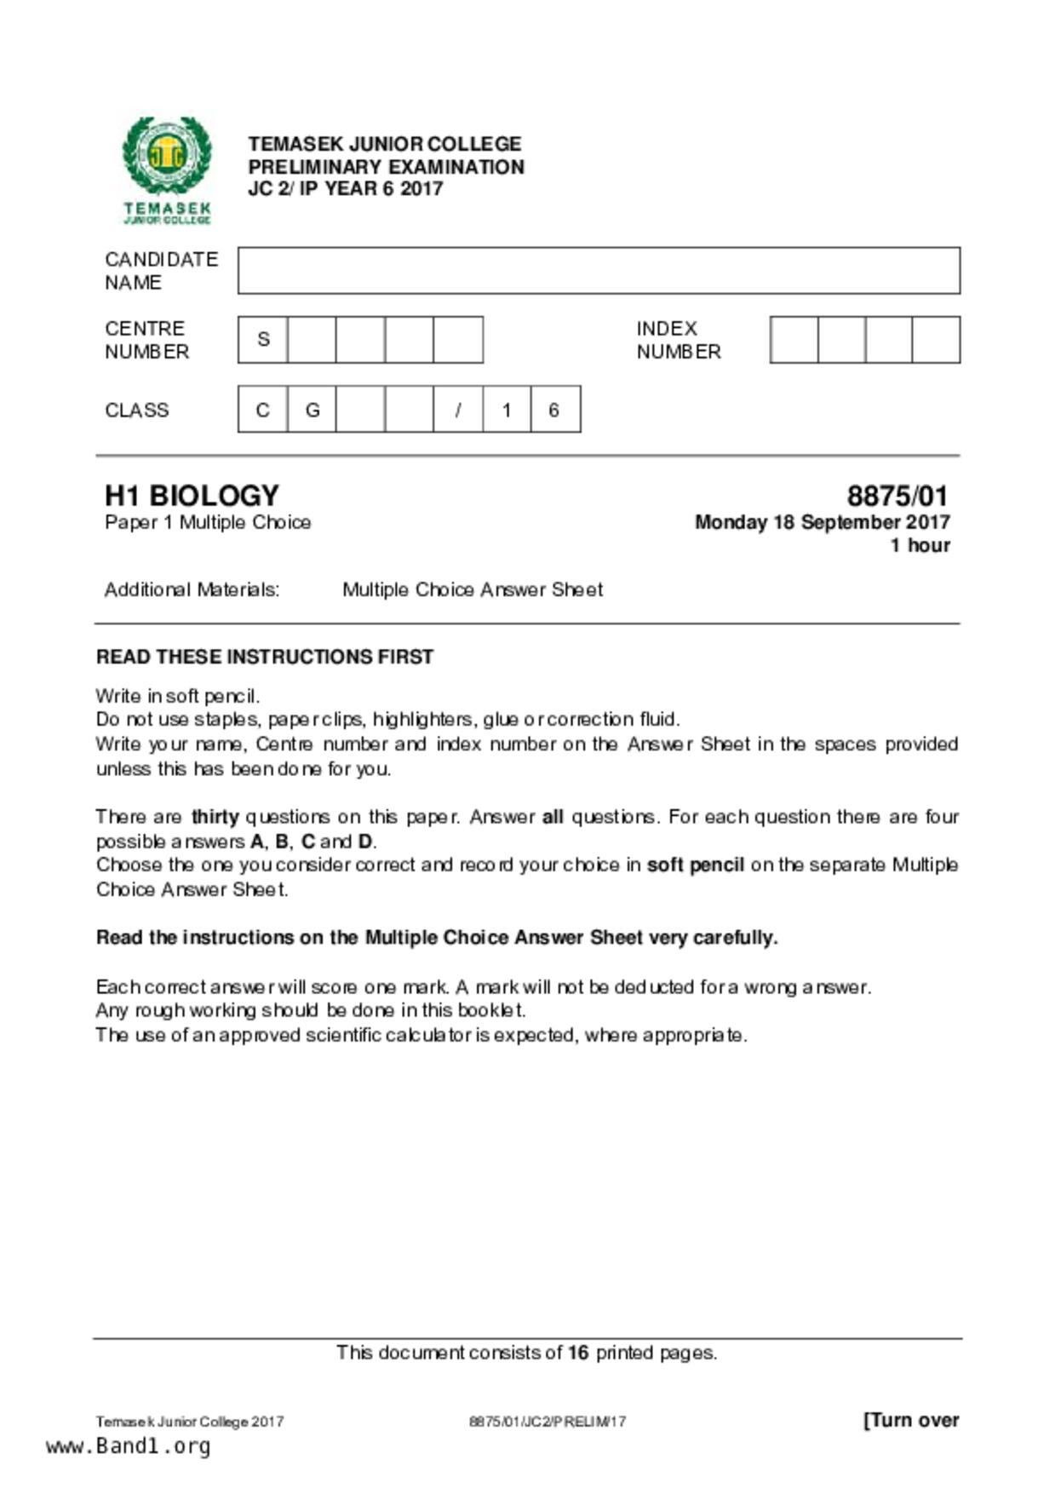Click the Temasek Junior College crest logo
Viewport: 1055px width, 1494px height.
coord(167,169)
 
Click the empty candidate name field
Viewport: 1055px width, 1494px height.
coord(599,271)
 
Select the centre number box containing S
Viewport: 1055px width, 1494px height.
coord(263,340)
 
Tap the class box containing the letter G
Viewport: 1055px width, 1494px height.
coord(312,410)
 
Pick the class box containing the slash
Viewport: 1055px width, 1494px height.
coord(458,410)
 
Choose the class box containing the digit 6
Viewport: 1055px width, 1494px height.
coord(554,410)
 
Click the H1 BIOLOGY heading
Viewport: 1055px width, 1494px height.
coord(192,496)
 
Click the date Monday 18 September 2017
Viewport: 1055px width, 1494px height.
coord(822,522)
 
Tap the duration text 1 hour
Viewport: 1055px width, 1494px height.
coord(920,545)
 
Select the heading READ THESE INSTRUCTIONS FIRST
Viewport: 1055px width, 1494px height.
coord(265,657)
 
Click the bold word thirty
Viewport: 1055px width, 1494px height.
coord(215,817)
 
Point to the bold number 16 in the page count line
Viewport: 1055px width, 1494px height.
coord(578,1353)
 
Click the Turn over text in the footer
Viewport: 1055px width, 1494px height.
coord(911,1420)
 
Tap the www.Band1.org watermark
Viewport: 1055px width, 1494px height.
coord(129,1446)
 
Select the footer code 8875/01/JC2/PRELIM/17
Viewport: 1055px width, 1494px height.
coord(548,1422)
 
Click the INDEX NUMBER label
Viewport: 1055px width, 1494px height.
coord(678,340)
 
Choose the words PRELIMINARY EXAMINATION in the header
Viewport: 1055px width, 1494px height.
coord(386,167)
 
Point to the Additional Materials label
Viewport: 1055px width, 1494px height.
coord(192,589)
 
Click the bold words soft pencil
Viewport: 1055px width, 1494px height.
coord(695,865)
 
